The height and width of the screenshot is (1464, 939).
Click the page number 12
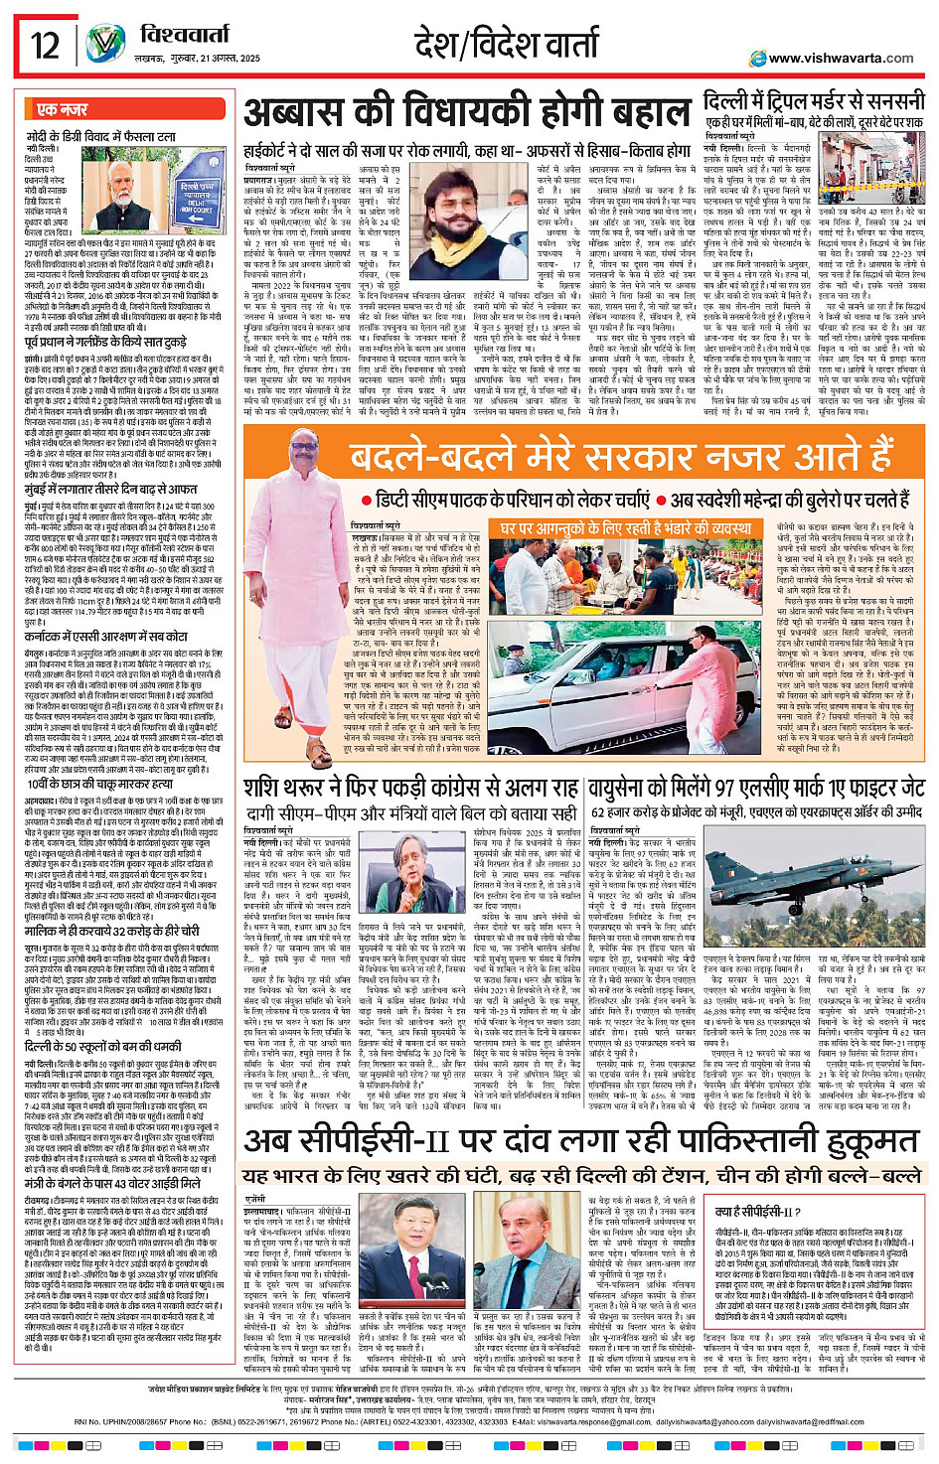pyautogui.click(x=45, y=45)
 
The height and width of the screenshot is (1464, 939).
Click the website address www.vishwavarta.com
pyautogui.click(x=841, y=58)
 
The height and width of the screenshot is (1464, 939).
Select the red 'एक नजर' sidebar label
pyautogui.click(x=63, y=109)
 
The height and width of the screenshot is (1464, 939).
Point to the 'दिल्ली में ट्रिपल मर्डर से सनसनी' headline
pyautogui.click(x=814, y=101)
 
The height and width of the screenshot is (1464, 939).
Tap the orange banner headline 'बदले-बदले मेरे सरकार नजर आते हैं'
pyautogui.click(x=622, y=458)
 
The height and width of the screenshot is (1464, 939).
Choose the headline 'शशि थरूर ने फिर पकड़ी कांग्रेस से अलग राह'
pyautogui.click(x=410, y=788)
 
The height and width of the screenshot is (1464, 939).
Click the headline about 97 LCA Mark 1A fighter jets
pyautogui.click(x=756, y=789)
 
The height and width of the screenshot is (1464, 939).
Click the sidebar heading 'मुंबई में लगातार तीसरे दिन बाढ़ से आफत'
pyautogui.click(x=111, y=490)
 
